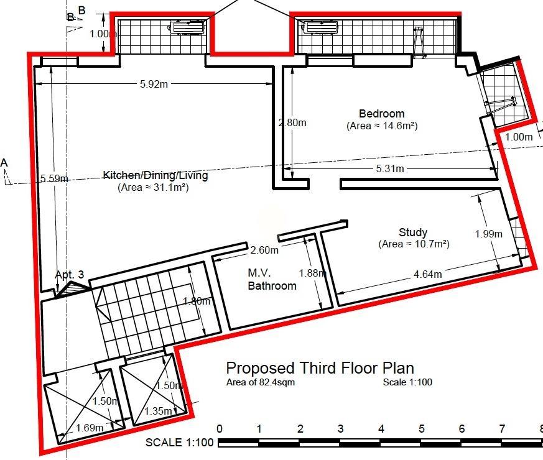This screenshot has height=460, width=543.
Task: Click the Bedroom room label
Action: pos(382,114)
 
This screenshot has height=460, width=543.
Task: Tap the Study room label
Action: pos(413,232)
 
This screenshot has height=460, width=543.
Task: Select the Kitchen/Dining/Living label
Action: pos(155,175)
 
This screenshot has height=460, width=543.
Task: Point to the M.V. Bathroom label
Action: pos(272,279)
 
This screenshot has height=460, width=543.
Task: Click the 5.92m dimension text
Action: pos(154,84)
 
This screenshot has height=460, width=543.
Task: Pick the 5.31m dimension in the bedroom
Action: pos(390,168)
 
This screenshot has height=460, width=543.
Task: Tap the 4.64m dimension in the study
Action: pos(428,275)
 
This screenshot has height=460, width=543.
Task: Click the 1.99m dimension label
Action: pos(488,234)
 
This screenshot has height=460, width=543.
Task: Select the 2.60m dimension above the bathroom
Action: pos(264,250)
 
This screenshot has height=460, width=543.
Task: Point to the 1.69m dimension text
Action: pos(90,428)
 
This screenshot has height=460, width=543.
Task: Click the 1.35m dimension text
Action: pos(158,411)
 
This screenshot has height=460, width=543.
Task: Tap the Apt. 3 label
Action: pos(70,275)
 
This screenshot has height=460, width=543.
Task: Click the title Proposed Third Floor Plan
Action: pos(320,368)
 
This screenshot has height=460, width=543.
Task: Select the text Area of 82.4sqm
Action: pos(261,382)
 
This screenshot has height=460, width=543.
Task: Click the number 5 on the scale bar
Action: pos(421,429)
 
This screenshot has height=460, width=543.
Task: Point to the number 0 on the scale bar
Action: pos(219,429)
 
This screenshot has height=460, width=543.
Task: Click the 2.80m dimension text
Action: pos(292,122)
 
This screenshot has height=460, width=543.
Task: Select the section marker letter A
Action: pos(4,163)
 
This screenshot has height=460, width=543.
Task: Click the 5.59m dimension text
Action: pos(54,178)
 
